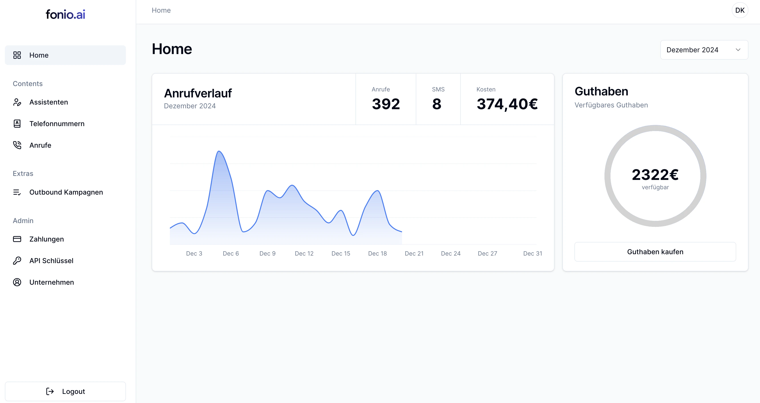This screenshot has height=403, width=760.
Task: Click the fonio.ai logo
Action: [65, 14]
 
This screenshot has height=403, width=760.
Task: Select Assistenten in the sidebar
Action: [49, 102]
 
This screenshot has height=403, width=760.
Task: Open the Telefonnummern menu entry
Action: [57, 124]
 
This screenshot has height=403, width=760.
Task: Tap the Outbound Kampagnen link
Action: [66, 192]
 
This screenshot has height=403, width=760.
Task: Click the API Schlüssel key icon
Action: [17, 260]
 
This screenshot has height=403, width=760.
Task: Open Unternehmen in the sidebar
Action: [51, 282]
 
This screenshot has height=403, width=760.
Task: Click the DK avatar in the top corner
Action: [740, 10]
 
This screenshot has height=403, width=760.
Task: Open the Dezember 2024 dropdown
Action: [704, 50]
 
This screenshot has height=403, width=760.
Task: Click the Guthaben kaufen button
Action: [655, 252]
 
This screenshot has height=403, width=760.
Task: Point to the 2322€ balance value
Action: [655, 174]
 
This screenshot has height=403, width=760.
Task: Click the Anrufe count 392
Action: [386, 104]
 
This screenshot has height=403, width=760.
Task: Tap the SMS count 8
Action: [437, 104]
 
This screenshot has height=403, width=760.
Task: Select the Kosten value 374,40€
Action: [507, 104]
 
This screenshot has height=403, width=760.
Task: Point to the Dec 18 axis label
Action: [377, 253]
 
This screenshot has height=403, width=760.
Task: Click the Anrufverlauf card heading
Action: [198, 93]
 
